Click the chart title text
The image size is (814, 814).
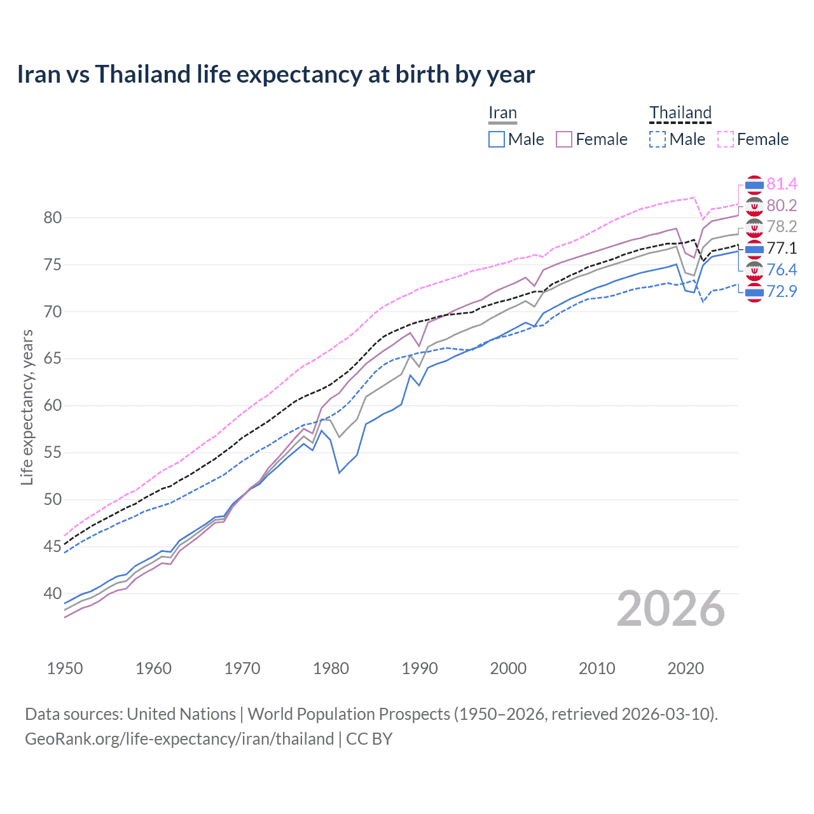pos(275,74)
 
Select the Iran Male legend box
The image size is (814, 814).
pos(497,139)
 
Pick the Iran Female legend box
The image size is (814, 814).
pos(564,139)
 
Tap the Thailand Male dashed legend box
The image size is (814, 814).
pos(658,139)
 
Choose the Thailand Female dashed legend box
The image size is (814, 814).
pos(726,139)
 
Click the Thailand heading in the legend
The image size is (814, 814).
pos(680,113)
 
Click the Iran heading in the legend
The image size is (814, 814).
pos(502,113)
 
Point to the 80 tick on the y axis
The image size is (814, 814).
pos(53,217)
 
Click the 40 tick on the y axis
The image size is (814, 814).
pos(53,593)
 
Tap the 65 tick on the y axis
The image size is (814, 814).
pos(53,359)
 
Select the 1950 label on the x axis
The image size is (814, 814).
pos(65,668)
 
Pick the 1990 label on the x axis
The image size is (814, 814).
pos(420,668)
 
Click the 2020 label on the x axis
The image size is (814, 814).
pos(686,668)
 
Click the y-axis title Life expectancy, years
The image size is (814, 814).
pos(27,407)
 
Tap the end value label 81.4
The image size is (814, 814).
pos(782,184)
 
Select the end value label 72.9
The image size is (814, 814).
pos(782,292)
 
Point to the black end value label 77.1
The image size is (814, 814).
pos(782,249)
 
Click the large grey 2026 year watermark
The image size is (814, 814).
pos(671,609)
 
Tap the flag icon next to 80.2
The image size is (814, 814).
pos(754,206)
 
